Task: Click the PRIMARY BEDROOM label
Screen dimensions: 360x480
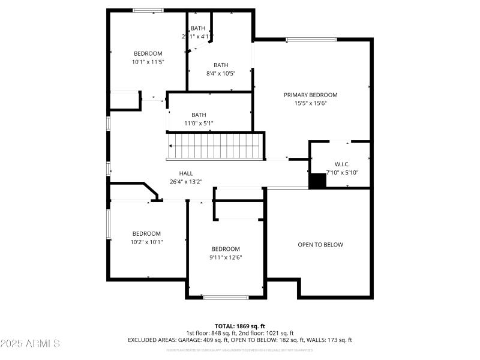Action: [x=310, y=95]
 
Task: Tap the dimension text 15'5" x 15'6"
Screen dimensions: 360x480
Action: [x=310, y=103]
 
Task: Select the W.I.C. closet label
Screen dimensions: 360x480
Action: [x=342, y=164]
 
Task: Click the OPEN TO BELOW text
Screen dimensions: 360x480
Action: [x=320, y=245]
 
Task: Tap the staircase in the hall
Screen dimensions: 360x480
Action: [x=215, y=146]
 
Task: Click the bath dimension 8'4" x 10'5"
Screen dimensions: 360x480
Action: [x=221, y=73]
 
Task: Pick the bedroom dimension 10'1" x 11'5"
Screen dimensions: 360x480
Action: [x=148, y=61]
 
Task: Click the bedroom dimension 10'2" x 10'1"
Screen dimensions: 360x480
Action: [x=146, y=242]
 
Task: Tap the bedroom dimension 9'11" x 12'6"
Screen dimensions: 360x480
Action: [x=226, y=257]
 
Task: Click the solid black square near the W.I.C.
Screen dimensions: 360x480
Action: [x=317, y=181]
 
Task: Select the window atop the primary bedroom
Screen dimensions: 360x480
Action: [x=311, y=40]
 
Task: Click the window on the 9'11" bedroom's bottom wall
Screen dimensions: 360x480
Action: [x=226, y=297]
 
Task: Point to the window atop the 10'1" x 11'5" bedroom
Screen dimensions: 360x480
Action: [x=148, y=10]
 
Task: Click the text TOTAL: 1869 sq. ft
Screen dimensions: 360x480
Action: [x=239, y=326]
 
